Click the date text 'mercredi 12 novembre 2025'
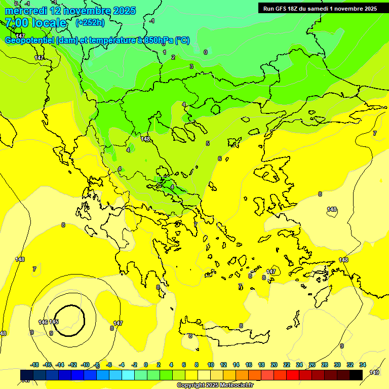[x=70, y=11]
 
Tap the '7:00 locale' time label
[x=35, y=23]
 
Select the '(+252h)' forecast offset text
[x=90, y=22]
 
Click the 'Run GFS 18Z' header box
[x=320, y=8]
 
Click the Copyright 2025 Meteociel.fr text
[x=215, y=385]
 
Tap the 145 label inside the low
[x=54, y=322]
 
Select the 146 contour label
[x=43, y=322]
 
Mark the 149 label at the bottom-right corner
[x=374, y=372]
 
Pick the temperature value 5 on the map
[x=208, y=143]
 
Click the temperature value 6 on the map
[x=220, y=159]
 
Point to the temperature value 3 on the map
[x=191, y=66]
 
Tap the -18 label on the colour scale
[x=35, y=365]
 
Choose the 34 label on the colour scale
[x=363, y=365]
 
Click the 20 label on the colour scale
[x=274, y=365]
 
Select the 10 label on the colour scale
[x=211, y=365]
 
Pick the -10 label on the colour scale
[x=85, y=365]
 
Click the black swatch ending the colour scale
[x=356, y=375]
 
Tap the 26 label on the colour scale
[x=312, y=365]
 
